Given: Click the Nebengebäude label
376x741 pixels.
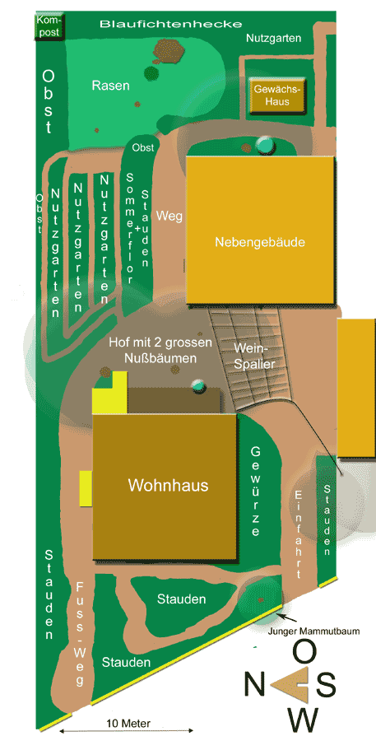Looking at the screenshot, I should pos(260,242).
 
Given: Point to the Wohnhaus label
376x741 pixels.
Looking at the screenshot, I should pos(168,485).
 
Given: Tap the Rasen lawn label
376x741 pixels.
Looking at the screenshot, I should pos(110,85).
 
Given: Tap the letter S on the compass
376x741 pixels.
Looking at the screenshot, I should pos(326,683).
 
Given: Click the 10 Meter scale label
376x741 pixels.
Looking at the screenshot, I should pos(128,724).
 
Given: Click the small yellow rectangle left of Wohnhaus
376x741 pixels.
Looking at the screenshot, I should pos(85,488).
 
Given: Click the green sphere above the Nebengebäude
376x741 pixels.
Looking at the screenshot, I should pos(265,146).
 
